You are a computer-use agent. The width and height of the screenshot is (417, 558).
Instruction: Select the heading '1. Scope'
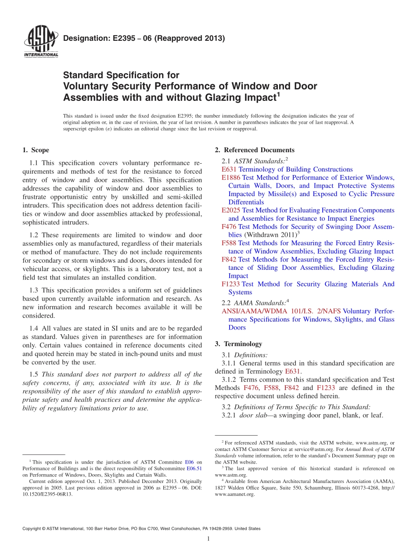36,150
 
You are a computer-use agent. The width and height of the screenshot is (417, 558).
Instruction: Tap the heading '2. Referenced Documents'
255,150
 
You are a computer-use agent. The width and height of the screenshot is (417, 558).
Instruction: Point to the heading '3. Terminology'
243,344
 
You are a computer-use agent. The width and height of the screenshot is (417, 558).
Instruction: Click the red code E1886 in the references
231,178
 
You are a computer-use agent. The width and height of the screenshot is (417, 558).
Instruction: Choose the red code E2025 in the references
231,211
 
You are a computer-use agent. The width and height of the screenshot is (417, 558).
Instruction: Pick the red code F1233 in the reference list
230,284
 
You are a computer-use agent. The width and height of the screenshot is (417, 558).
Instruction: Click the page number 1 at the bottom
208,539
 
